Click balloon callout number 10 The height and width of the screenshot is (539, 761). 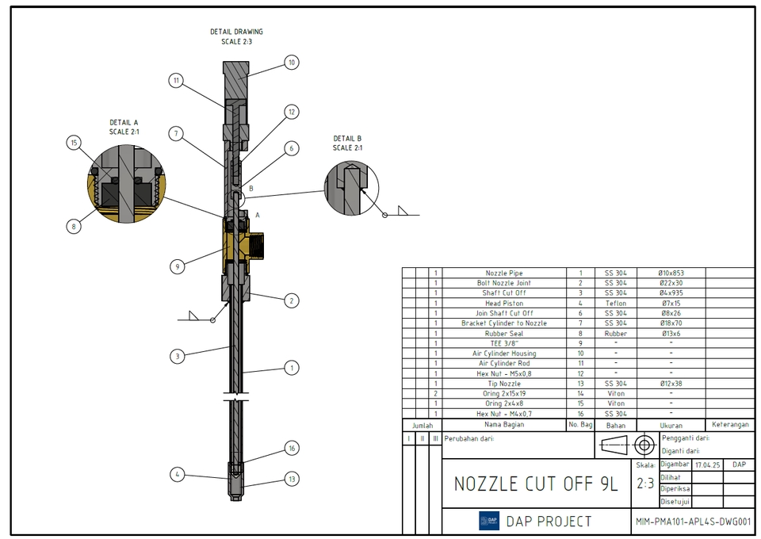[x=291, y=63]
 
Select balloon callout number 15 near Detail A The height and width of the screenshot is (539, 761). [x=74, y=143]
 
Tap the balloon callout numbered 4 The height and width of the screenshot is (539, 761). [x=178, y=474]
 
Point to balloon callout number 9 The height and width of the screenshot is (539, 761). [x=178, y=267]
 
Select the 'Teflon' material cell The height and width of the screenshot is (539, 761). [x=615, y=303]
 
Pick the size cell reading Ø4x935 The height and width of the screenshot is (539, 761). [x=671, y=293]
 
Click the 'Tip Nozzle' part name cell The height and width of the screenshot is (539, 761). [x=504, y=384]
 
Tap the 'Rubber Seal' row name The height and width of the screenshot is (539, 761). [x=504, y=334]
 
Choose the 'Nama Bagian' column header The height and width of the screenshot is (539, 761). [x=504, y=425]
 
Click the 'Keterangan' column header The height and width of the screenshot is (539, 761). [x=730, y=425]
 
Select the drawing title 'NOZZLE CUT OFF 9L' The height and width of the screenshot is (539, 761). [x=535, y=484]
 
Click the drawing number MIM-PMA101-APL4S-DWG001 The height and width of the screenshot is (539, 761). [x=693, y=522]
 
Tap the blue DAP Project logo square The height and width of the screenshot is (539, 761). [x=489, y=522]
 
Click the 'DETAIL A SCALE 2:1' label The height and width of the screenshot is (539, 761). [x=124, y=127]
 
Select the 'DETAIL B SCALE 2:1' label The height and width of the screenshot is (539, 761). [x=347, y=143]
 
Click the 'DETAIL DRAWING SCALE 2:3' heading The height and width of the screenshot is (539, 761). [x=236, y=36]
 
